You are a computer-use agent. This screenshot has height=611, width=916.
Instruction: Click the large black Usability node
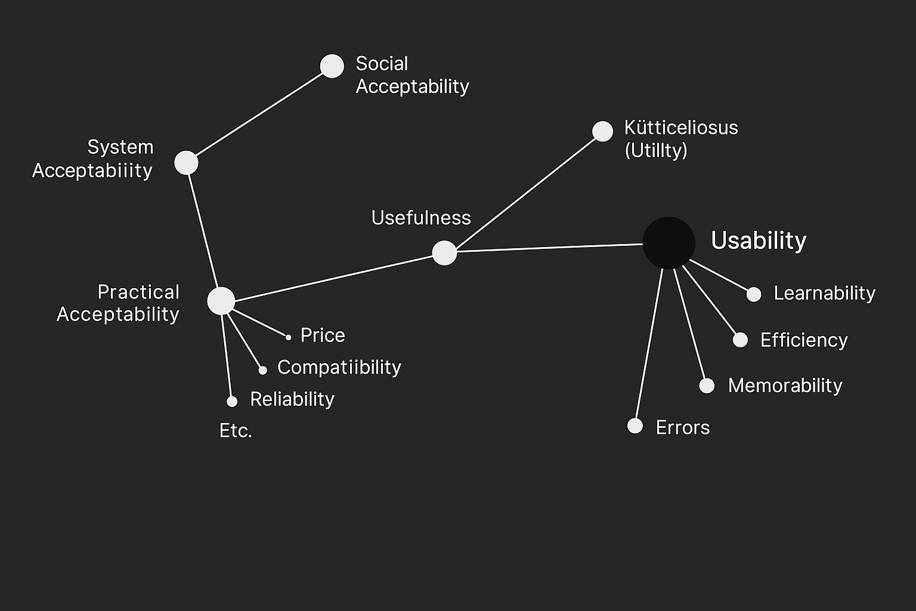pyautogui.click(x=669, y=242)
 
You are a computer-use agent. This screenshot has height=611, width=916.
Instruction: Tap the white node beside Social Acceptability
pyautogui.click(x=332, y=66)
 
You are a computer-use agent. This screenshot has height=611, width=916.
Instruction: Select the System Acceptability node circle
pyautogui.click(x=186, y=162)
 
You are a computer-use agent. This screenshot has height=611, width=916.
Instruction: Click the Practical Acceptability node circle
pyautogui.click(x=221, y=301)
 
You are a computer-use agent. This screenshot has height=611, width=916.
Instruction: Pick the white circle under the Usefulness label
pyautogui.click(x=444, y=253)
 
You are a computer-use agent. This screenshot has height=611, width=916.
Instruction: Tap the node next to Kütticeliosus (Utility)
pyautogui.click(x=602, y=131)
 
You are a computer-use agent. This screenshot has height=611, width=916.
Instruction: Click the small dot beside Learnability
pyautogui.click(x=754, y=294)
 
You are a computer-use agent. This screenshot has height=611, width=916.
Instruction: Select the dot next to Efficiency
pyautogui.click(x=740, y=340)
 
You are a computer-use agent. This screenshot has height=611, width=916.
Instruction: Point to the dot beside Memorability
pyautogui.click(x=707, y=385)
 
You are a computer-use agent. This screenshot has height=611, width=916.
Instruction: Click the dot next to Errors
pyautogui.click(x=635, y=426)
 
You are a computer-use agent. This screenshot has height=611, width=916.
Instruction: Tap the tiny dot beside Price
pyautogui.click(x=289, y=338)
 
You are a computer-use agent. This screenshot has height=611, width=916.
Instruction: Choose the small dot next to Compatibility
pyautogui.click(x=262, y=371)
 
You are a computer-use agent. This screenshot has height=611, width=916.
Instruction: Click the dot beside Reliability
pyautogui.click(x=232, y=402)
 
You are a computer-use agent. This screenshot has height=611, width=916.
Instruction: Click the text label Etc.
pyautogui.click(x=236, y=430)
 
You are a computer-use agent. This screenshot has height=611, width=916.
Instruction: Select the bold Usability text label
pyautogui.click(x=759, y=240)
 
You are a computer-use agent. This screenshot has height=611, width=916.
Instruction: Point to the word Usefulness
pyautogui.click(x=421, y=218)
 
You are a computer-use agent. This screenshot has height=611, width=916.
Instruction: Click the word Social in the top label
pyautogui.click(x=382, y=64)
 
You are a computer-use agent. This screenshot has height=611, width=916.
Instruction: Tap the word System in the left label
pyautogui.click(x=120, y=147)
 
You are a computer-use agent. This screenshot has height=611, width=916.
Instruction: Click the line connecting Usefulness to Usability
pyautogui.click(x=549, y=248)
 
